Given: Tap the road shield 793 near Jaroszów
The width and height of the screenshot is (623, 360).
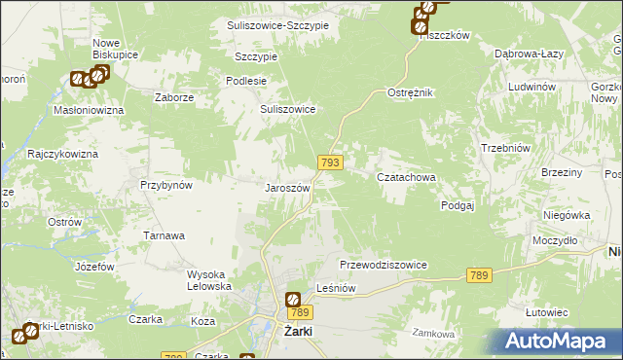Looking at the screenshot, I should tap(329, 163).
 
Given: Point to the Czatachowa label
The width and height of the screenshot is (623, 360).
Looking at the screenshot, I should tap(406, 177).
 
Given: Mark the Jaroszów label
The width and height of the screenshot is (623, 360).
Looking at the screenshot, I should tap(288, 187).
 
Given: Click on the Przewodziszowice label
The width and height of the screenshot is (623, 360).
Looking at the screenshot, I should tap(384, 265).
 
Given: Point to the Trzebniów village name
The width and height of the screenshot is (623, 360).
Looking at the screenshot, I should tap(504, 147).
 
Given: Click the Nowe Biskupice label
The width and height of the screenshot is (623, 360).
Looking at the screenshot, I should tap(114, 49).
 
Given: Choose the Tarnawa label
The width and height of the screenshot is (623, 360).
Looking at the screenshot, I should tap(165, 235).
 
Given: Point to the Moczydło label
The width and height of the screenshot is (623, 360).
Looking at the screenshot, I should tap(556, 239).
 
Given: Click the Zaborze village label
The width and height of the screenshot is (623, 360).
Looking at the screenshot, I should tap(175, 98).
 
